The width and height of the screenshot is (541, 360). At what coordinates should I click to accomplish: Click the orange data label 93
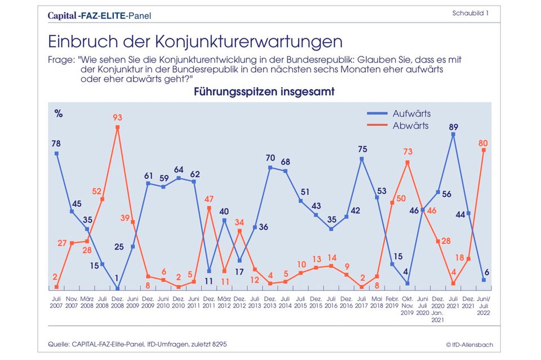tap(117, 118)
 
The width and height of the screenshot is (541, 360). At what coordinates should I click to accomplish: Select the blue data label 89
tap(453, 126)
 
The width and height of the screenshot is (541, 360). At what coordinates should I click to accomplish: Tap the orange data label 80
tap(484, 143)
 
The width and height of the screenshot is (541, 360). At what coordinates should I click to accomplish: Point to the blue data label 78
tap(56, 144)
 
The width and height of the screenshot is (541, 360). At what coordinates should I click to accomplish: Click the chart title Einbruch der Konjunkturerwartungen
tap(195, 42)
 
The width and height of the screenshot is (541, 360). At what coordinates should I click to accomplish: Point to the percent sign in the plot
tap(59, 113)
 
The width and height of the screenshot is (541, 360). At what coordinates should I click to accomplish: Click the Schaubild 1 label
tap(470, 13)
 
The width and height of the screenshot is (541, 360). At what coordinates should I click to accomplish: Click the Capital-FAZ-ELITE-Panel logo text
tap(99, 16)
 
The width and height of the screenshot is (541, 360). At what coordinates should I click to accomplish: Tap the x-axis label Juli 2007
tap(56, 301)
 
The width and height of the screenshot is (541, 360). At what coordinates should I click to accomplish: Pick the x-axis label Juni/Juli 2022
tap(484, 301)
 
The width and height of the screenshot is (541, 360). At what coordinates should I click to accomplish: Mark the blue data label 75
tap(363, 149)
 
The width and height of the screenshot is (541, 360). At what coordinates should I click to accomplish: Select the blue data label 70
tap(270, 158)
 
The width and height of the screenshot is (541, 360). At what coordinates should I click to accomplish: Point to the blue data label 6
tap(487, 272)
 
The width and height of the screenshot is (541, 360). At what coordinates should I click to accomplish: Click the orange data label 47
tap(209, 199)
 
